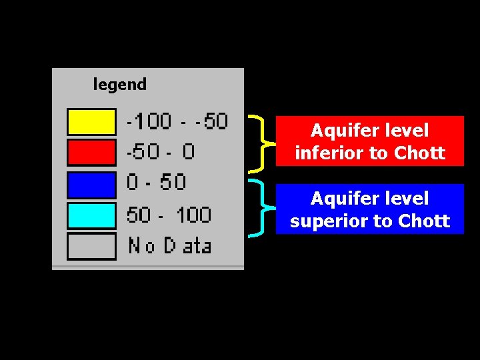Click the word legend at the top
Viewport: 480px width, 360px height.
[119, 85]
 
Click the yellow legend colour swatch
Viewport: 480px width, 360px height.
[91, 122]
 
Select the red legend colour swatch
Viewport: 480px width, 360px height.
[91, 152]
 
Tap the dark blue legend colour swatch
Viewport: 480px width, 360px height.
[91, 184]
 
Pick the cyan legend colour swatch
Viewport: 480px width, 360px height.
[91, 215]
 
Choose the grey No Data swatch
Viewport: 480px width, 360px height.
[91, 246]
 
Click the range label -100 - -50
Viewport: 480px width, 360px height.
[177, 121]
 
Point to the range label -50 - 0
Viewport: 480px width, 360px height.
[161, 152]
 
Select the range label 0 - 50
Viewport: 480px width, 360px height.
[156, 182]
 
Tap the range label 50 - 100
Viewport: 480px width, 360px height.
[169, 215]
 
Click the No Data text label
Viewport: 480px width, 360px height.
[169, 246]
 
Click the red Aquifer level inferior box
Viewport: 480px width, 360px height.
[369, 141]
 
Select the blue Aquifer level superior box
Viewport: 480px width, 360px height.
[369, 209]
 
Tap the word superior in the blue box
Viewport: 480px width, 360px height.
[331, 221]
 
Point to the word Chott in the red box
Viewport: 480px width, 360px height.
[419, 153]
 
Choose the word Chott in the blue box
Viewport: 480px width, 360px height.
[424, 221]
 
